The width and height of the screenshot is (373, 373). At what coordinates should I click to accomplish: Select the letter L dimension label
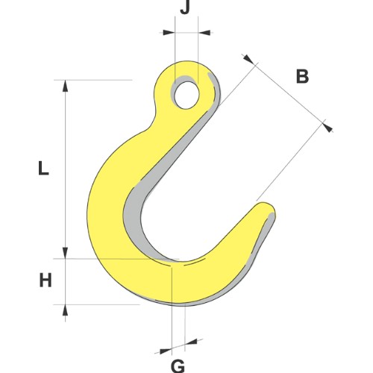43,169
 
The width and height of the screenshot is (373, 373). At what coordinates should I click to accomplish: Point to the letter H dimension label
46,281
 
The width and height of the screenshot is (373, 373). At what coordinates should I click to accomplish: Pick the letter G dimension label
178,365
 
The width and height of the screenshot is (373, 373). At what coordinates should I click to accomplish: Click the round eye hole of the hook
186,93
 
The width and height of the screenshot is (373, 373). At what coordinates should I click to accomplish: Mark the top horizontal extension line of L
97,79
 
